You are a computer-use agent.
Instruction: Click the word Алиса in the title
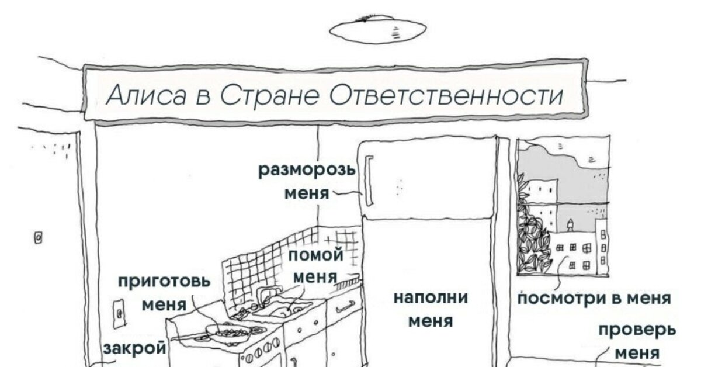146,95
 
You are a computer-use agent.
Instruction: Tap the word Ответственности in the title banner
447,95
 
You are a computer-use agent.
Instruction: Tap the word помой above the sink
315,255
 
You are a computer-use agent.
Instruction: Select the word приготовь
164,282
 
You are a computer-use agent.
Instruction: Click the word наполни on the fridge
431,297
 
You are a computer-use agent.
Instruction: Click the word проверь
637,330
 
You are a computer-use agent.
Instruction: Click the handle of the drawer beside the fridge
345,304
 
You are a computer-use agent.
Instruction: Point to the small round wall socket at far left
39,237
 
